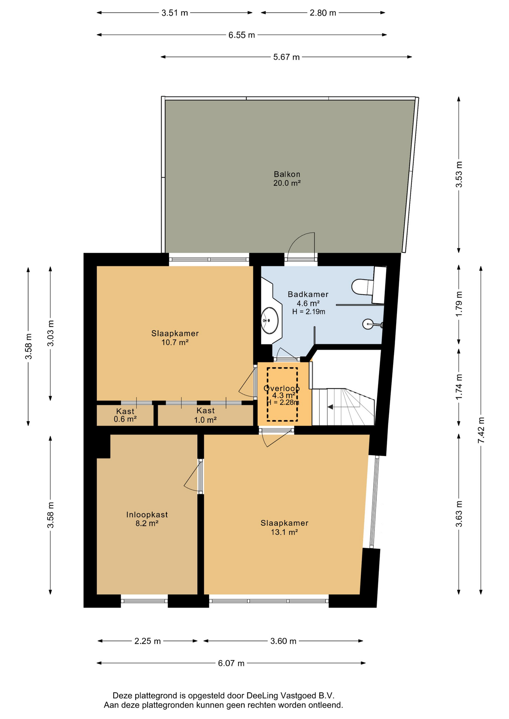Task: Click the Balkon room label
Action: coord(287,174)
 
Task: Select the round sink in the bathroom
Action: coord(270,320)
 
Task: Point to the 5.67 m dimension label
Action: coord(286,57)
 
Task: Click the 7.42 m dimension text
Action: coord(481,430)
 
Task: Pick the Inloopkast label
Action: coord(147,515)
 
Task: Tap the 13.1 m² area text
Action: coord(284,532)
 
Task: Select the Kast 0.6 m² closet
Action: coord(125,415)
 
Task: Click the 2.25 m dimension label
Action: coord(148,641)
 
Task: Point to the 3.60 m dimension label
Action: coord(283,641)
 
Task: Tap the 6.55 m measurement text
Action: coord(242,35)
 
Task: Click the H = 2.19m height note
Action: coord(308,312)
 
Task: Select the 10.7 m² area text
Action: coord(175,342)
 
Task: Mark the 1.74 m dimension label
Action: coord(459,387)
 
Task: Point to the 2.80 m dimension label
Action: coord(323,13)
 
